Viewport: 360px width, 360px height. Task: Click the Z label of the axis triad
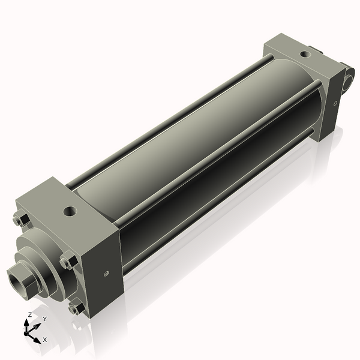point(29,314)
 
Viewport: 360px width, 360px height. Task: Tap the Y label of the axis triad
point(44,319)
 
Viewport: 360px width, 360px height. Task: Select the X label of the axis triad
point(44,340)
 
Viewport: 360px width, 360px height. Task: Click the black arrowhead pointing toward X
point(37,337)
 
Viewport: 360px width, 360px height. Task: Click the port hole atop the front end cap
point(71,212)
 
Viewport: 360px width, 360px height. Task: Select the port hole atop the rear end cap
point(306,54)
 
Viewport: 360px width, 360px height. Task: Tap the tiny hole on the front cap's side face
point(106,273)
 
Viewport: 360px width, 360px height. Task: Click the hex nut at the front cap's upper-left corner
point(20,220)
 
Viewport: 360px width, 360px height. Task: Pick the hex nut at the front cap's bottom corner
point(75,308)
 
